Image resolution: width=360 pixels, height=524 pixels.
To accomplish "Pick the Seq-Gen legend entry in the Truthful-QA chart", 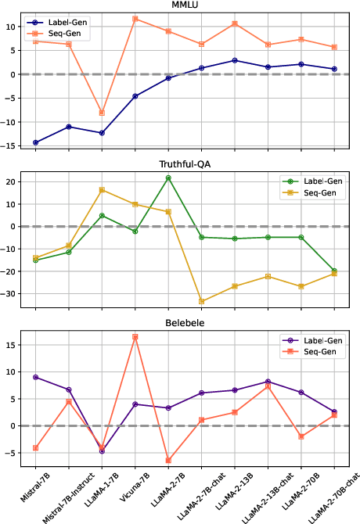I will click(x=319, y=192).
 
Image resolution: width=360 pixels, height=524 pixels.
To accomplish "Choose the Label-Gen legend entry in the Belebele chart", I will click(x=319, y=339).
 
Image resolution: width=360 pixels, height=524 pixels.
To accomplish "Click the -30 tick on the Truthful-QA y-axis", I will click(x=11, y=294).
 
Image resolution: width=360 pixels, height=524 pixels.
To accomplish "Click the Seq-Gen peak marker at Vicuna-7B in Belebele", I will click(x=135, y=337).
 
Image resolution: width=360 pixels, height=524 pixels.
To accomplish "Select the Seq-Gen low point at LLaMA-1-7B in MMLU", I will click(x=102, y=113).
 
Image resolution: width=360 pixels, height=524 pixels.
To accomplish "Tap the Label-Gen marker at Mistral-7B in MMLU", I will click(x=35, y=142).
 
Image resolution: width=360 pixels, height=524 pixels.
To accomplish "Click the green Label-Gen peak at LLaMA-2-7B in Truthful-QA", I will click(x=168, y=178).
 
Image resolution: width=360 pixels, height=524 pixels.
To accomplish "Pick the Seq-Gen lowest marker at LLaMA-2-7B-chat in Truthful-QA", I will click(x=201, y=301).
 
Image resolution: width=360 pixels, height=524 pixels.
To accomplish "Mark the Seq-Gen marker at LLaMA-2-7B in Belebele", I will click(x=168, y=461).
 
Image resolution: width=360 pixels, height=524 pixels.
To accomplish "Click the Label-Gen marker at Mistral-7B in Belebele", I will click(x=35, y=377).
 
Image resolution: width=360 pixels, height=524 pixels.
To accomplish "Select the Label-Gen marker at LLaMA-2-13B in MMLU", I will click(x=235, y=60).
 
